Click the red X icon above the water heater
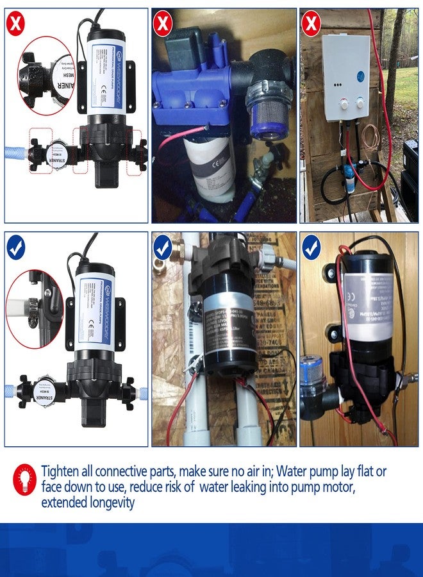point(311,24)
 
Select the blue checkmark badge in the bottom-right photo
point(312,247)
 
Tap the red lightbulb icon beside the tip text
point(24,480)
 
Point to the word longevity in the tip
point(108,503)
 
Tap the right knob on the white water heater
point(360,103)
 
